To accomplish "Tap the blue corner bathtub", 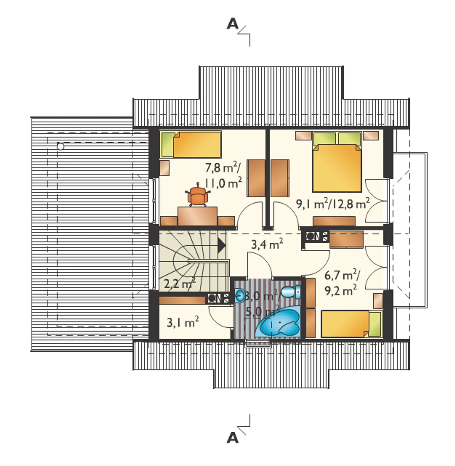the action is tap(278, 323).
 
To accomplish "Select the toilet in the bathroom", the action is tap(291, 291).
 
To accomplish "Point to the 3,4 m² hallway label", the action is tap(267, 244).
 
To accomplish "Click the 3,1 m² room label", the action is tap(183, 322).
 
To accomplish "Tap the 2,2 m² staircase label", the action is tap(180, 284).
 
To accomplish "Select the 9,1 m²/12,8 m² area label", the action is tap(333, 204).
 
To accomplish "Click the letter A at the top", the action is tap(232, 24).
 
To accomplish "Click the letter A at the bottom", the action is tap(232, 438).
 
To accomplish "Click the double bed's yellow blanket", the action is tap(337, 168).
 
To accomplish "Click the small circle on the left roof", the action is tap(60, 146).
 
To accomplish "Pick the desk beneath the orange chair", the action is tap(197, 216).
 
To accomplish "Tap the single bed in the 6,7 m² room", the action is tap(351, 324).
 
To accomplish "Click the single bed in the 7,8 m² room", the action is tap(191, 144).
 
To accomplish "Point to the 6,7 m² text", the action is tap(342, 275).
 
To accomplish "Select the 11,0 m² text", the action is tap(223, 183).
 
